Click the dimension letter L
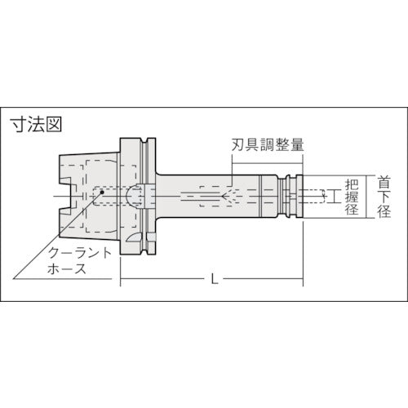214,281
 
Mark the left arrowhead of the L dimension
125,281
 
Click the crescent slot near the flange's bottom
147,244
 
